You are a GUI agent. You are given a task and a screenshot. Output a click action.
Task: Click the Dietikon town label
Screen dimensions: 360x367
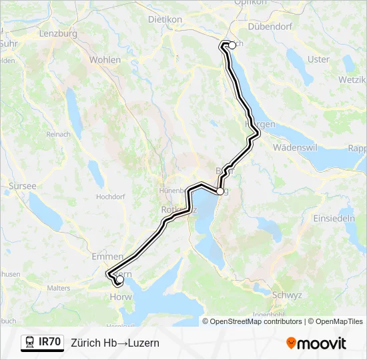coord(165,20)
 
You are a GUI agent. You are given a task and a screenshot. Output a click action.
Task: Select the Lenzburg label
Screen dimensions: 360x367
coord(59,33)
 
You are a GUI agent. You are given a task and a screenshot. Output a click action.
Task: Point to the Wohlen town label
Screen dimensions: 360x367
coord(105,60)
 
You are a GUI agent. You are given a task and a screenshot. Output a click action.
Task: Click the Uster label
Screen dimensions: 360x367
coord(318,59)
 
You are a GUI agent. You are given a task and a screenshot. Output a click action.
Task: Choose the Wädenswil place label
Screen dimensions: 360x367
coord(298,147)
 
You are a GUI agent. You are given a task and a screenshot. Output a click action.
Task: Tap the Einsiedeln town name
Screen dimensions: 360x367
coord(335,219)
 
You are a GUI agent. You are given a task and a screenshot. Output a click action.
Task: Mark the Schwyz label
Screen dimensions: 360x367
coord(288,294)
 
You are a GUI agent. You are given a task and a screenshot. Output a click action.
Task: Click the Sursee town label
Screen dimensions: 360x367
coord(23,186)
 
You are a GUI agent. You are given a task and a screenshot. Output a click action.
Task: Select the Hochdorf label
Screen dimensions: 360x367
coord(111,197)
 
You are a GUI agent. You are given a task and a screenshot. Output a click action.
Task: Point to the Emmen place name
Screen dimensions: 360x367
coord(107,256)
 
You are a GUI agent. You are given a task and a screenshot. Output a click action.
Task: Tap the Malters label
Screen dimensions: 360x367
coord(59,288)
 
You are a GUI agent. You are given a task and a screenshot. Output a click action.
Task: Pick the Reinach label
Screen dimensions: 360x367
coord(59,134)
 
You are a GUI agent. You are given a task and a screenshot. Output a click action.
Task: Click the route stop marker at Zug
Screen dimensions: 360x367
coord(220,191)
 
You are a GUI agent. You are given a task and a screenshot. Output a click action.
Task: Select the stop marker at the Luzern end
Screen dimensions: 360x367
coord(120,281)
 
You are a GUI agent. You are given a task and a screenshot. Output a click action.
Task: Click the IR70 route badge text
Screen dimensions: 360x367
coord(50,342)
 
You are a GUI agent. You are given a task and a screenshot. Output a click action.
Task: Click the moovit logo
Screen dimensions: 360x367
coord(316,343)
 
